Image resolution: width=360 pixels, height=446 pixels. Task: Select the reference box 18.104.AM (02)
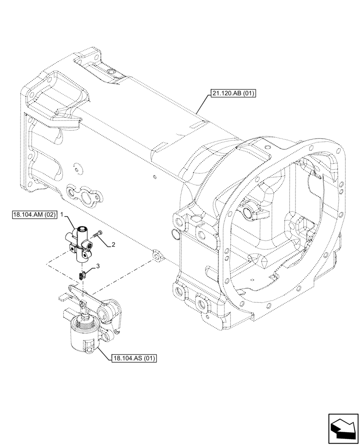pos(34,215)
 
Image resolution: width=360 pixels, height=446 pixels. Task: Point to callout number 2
pos(114,244)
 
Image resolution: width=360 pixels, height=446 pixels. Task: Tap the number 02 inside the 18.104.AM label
pos(49,215)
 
